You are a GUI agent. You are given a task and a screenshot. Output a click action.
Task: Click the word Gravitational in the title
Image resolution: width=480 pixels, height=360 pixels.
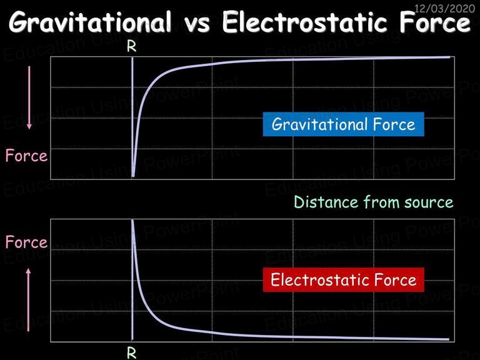pyautogui.click(x=90, y=22)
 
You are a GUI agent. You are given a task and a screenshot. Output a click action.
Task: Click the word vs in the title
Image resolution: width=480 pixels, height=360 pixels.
pyautogui.click(x=197, y=24)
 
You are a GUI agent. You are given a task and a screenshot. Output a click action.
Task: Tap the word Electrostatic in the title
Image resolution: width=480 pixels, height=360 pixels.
pyautogui.click(x=303, y=22)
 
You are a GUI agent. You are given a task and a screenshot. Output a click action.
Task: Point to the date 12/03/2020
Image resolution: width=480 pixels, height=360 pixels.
pyautogui.click(x=444, y=7)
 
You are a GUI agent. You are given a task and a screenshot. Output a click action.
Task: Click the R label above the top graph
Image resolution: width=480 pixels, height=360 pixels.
pyautogui.click(x=132, y=46)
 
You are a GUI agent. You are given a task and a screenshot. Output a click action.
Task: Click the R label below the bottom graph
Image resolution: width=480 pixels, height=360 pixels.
pyautogui.click(x=132, y=353)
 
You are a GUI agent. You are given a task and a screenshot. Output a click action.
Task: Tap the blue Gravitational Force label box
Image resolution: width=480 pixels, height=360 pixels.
pyautogui.click(x=344, y=124)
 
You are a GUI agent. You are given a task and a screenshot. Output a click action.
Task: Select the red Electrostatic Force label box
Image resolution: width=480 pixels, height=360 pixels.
pyautogui.click(x=344, y=280)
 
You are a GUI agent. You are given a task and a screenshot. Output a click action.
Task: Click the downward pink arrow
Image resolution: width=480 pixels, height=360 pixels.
pyautogui.click(x=29, y=97)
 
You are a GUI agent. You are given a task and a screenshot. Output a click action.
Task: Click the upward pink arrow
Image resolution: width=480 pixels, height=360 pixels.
pyautogui.click(x=29, y=300)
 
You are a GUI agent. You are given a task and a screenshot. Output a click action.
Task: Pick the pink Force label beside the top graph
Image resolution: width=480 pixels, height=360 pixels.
pyautogui.click(x=27, y=156)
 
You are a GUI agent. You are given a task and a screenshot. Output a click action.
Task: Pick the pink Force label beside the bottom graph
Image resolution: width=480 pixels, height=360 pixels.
pyautogui.click(x=27, y=242)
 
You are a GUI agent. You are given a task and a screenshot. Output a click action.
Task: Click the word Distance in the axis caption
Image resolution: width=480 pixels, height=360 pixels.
pyautogui.click(x=326, y=202)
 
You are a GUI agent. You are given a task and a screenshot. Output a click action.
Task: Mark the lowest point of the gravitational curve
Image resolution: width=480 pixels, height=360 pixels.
pyautogui.click(x=133, y=176)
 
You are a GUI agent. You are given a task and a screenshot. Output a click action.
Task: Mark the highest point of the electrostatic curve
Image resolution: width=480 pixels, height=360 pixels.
pyautogui.click(x=132, y=221)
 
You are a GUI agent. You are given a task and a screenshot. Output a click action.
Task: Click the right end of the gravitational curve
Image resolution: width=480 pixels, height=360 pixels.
pyautogui.click(x=449, y=57)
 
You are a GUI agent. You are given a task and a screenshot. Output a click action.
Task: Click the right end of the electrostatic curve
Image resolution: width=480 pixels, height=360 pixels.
pyautogui.click(x=449, y=339)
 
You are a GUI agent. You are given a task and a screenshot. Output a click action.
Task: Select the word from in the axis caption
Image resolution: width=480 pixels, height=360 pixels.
pyautogui.click(x=381, y=202)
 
